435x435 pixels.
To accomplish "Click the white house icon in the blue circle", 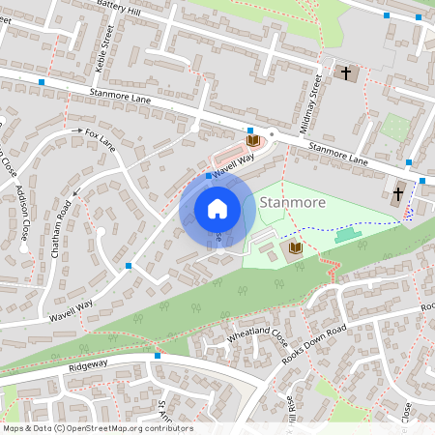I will pos(217,209).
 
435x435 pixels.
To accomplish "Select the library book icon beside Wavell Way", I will pos(253,141).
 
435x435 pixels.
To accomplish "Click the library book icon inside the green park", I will pos(296,249).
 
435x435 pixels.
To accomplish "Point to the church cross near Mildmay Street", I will pos(346,72).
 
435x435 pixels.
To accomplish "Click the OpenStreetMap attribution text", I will pos(98,427).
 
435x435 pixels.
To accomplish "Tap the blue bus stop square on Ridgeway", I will pos(157,356).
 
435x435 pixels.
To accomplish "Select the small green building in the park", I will pos(345,235).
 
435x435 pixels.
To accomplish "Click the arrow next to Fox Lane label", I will pos(76,130).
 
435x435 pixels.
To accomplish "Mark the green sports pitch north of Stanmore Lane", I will pos(393,127).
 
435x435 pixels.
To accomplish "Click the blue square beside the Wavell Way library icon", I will pos(250,130).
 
